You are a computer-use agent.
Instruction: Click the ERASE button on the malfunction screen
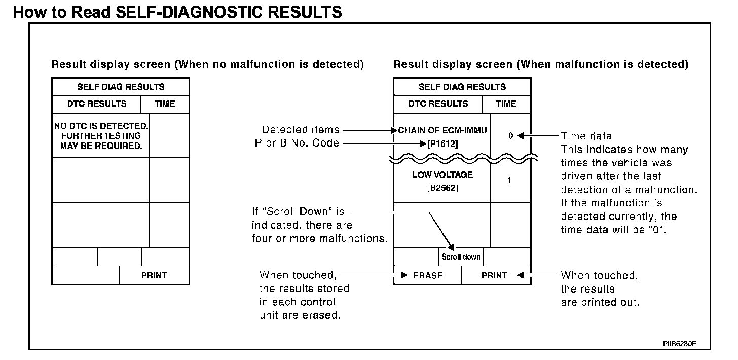point(427,275)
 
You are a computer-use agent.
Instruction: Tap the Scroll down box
point(461,257)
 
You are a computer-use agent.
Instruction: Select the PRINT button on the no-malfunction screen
point(154,275)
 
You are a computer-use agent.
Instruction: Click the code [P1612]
point(442,143)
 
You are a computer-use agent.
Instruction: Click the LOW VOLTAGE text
point(442,175)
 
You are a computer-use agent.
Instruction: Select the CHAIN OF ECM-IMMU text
point(442,130)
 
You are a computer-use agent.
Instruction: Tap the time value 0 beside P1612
point(510,136)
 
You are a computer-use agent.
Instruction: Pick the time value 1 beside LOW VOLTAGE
point(509,180)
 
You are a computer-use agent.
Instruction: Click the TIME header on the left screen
point(165,104)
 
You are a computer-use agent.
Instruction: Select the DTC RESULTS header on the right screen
point(438,104)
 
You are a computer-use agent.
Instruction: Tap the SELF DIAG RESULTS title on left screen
point(121,87)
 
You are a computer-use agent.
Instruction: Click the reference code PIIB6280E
point(680,343)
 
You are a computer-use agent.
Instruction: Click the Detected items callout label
point(301,130)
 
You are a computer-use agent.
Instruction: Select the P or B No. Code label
point(297,143)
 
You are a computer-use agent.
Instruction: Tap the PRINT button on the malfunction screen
point(494,275)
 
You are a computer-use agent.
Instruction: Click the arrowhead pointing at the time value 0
point(520,136)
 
